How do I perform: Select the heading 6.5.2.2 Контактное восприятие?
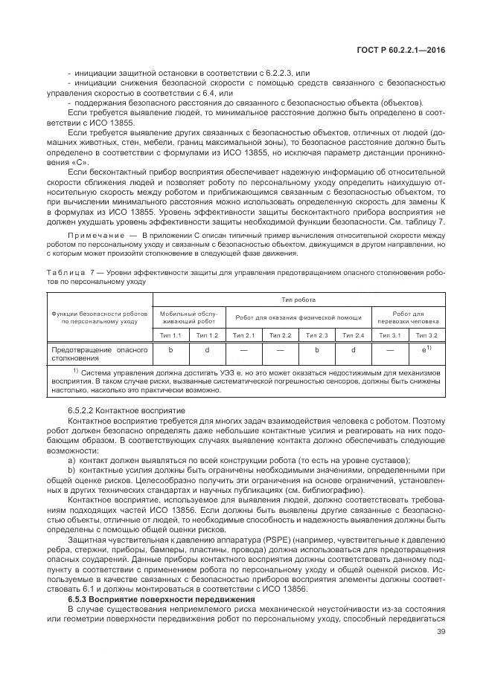pos(115,411)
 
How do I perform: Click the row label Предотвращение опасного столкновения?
pos(97,352)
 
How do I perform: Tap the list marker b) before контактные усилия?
pos(71,471)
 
